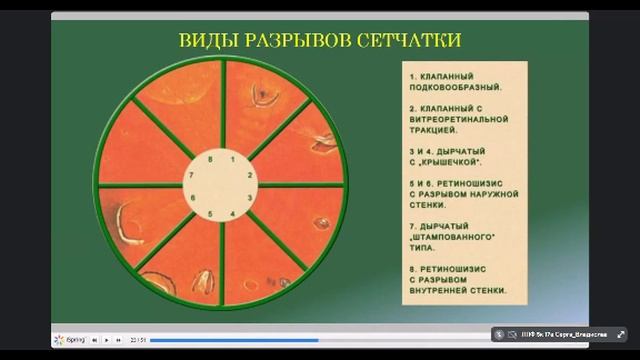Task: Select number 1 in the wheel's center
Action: (x=232, y=159)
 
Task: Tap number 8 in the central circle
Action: (x=211, y=159)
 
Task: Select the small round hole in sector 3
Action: (x=321, y=223)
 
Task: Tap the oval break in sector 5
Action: (x=203, y=282)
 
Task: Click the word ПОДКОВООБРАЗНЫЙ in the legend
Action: (x=455, y=87)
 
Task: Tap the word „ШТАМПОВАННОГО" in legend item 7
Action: (x=459, y=238)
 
